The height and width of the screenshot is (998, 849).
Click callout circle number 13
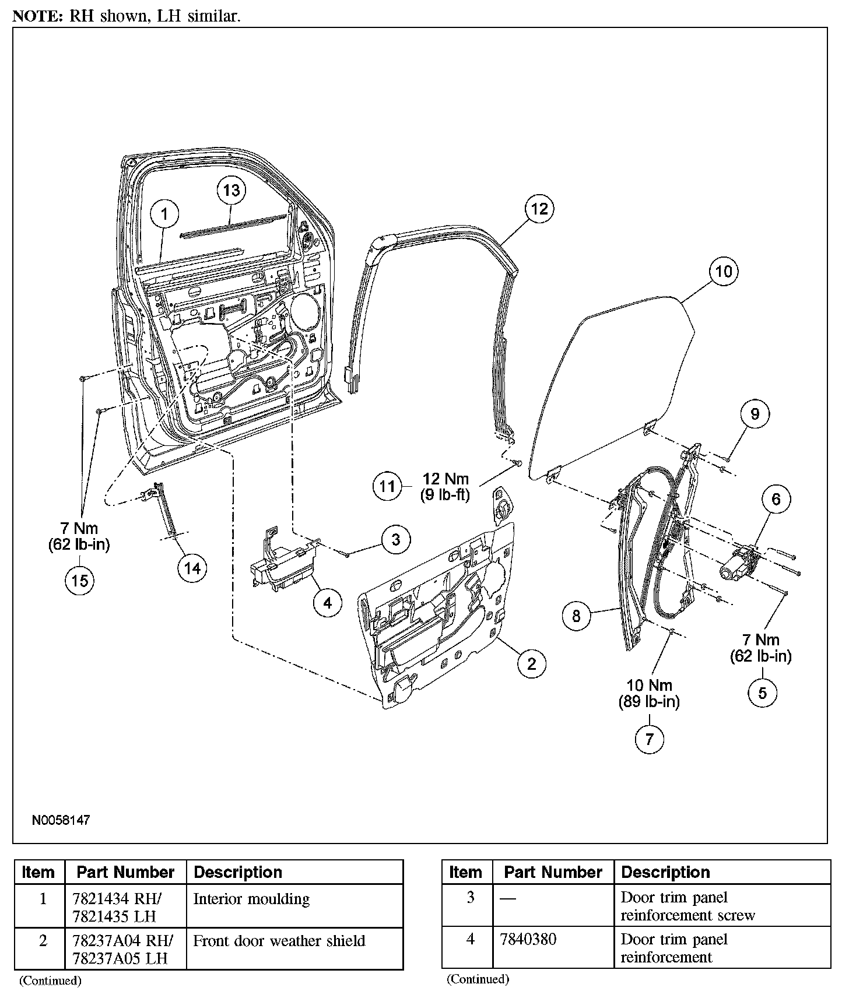tap(231, 191)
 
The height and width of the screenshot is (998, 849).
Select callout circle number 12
tap(539, 208)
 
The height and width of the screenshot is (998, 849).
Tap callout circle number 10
tap(723, 271)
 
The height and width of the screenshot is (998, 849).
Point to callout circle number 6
tap(776, 499)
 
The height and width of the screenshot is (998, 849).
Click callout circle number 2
tap(531, 663)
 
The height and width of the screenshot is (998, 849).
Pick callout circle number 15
tap(80, 580)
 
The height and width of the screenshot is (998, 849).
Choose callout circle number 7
tap(649, 739)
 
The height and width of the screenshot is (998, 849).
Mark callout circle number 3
tap(396, 539)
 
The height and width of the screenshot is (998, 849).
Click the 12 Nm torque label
tap(445, 479)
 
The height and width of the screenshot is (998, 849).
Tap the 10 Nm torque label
tap(649, 686)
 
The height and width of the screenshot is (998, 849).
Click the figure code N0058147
tap(61, 820)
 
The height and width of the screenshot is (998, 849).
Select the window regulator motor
tap(739, 563)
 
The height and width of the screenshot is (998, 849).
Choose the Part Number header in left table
tap(125, 872)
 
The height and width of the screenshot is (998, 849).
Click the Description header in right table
tap(665, 872)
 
